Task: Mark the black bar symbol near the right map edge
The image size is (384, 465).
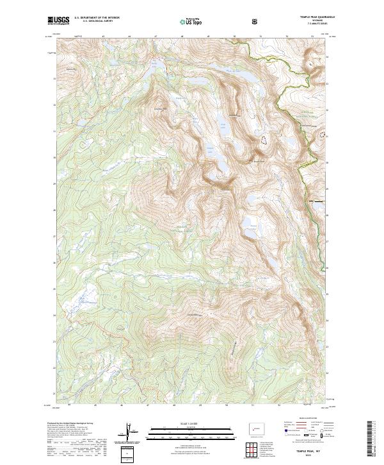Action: (x=316, y=201)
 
